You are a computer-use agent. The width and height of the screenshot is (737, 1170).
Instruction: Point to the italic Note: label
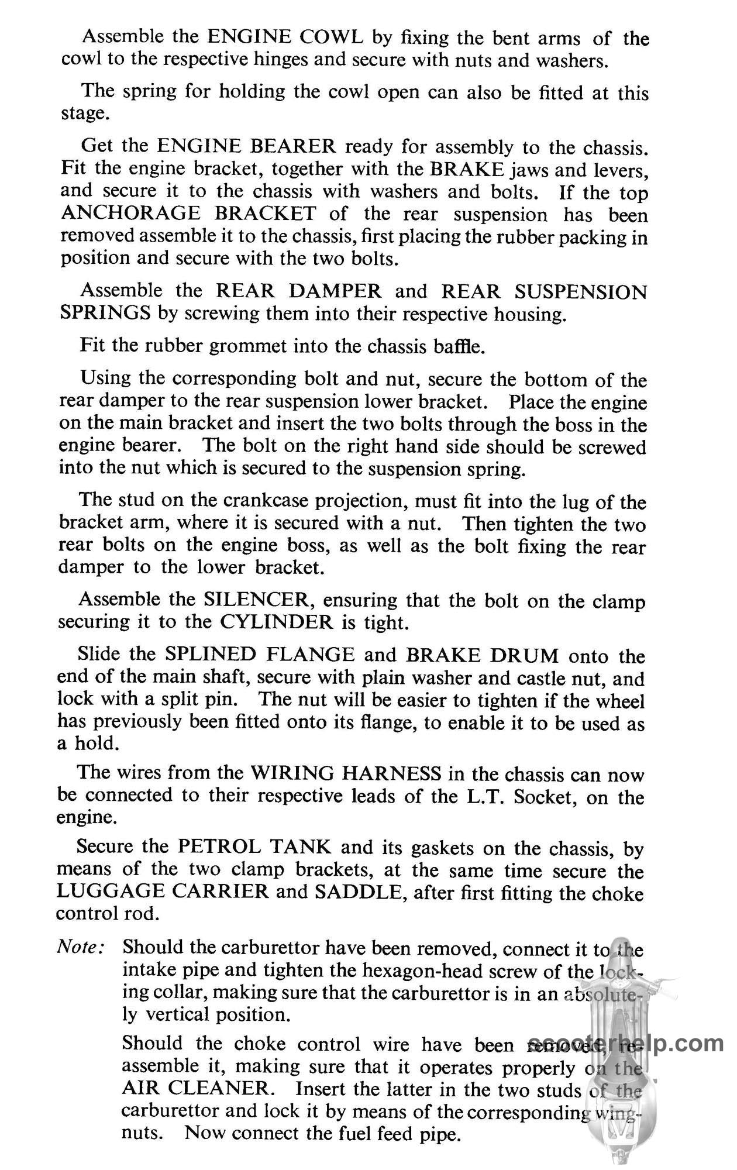81,947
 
